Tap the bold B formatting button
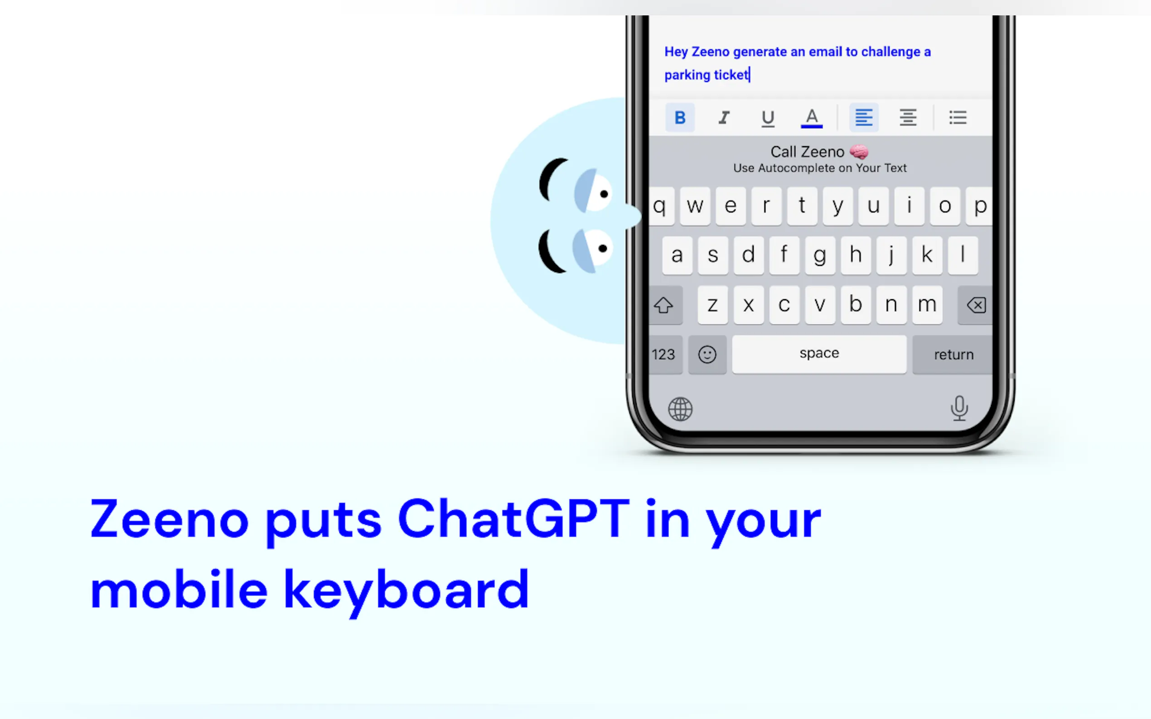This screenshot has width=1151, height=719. tap(679, 117)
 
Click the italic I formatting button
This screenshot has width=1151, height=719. tap(724, 117)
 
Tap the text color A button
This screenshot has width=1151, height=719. tap(812, 118)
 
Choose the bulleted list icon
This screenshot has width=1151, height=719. tap(958, 117)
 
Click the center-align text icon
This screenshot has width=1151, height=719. tap(908, 117)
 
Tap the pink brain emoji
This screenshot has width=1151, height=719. tap(859, 152)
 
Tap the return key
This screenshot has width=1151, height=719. tap(953, 355)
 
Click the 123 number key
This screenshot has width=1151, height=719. tap(665, 355)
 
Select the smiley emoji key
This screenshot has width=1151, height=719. tap(707, 355)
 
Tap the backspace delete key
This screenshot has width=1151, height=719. tap(976, 305)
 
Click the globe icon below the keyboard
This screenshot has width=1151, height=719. tap(680, 409)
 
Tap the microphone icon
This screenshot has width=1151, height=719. tap(959, 408)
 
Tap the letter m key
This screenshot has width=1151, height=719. tap(927, 305)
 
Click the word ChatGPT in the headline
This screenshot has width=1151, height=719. tap(514, 519)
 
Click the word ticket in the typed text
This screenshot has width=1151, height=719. tap(731, 75)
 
